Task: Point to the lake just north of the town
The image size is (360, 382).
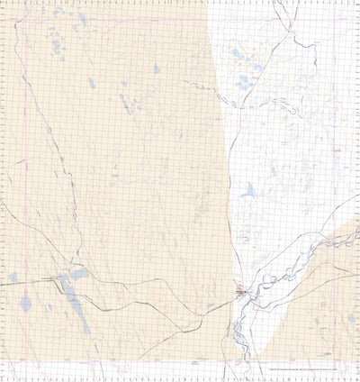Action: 247,191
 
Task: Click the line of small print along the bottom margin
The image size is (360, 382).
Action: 306,369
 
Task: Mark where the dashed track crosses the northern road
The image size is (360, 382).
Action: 219,89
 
